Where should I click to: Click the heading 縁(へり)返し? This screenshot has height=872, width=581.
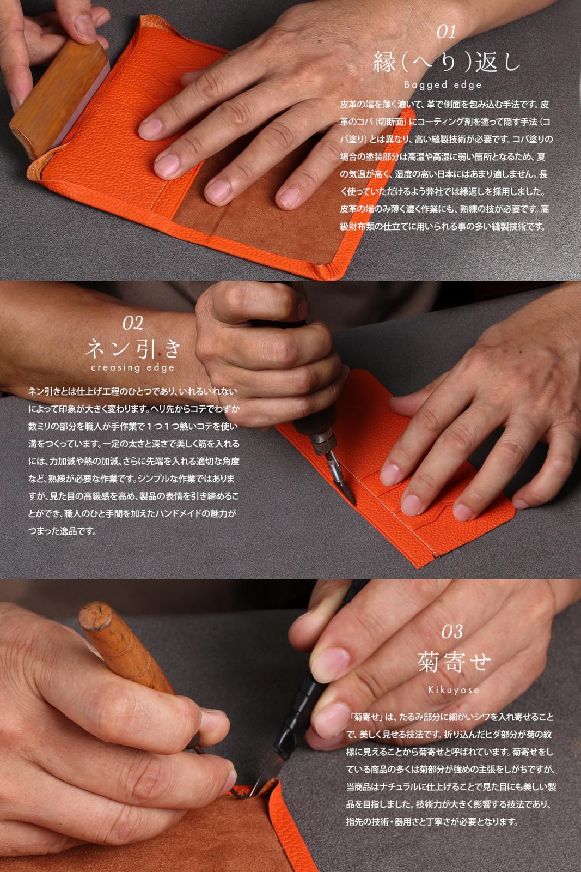click(445, 63)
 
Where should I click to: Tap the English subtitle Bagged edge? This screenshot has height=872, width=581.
click(443, 84)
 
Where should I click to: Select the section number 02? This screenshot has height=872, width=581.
click(133, 323)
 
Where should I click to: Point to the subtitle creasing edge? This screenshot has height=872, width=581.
click(133, 368)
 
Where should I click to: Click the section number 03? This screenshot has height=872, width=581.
click(451, 632)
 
